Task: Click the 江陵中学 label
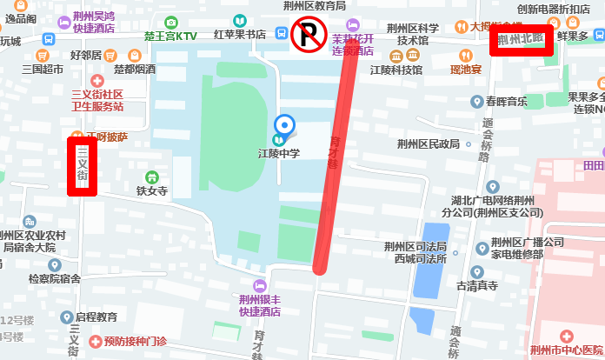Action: coord(279,153)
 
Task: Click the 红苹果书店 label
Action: coord(239,35)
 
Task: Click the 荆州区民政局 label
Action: coord(427,144)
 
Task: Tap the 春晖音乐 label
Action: coord(507,102)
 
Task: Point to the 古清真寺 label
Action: coord(476,285)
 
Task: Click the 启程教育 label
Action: coord(96,317)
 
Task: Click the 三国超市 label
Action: coord(43,69)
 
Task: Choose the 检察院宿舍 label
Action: coord(54,279)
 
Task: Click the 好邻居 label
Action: coord(86,54)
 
